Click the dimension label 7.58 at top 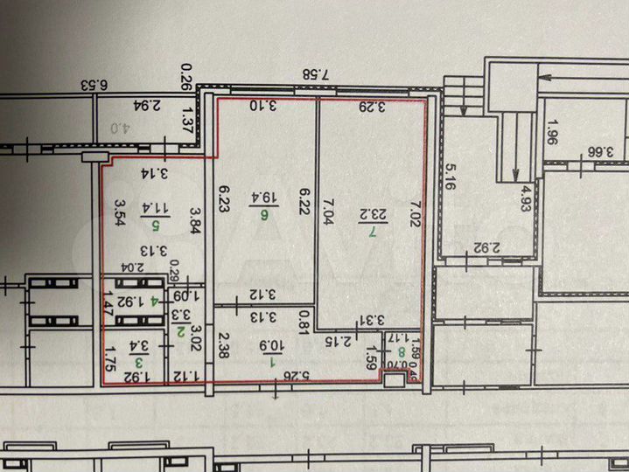(x=325, y=74)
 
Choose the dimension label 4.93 (x=526, y=192)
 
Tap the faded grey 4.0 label (x=115, y=125)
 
